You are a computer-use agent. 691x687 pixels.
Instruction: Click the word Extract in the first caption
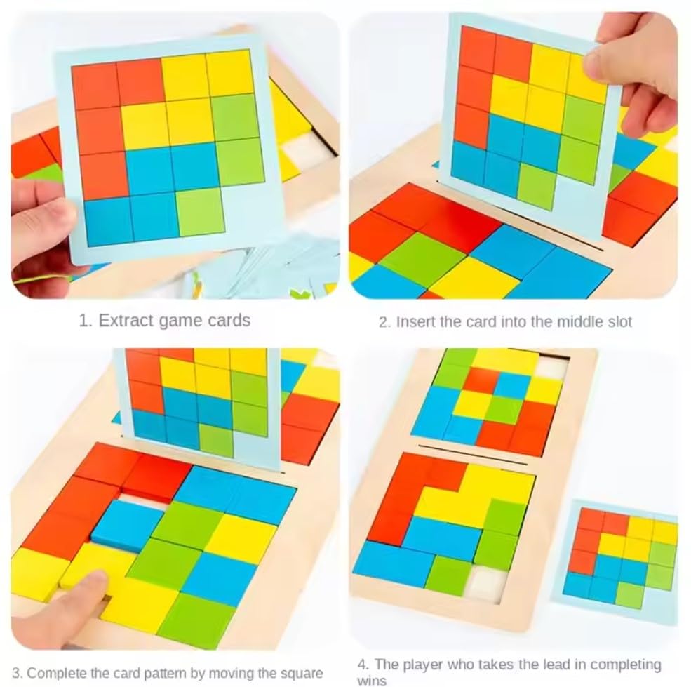123,321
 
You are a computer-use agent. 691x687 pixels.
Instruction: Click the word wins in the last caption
371,680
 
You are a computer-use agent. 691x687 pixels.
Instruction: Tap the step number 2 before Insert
383,322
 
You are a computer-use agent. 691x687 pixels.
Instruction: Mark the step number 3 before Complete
16,672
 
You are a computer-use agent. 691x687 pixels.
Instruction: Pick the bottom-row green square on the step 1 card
199,211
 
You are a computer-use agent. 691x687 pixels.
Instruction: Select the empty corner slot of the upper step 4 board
550,368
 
